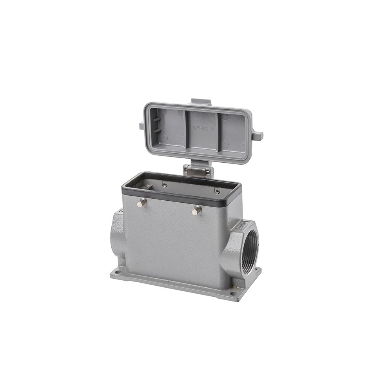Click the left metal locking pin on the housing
tap(142, 202)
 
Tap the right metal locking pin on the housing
tap(196, 211)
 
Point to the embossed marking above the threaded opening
tap(242, 225)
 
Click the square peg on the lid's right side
tap(257, 136)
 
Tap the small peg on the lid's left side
tap(142, 126)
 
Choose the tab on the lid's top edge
tap(201, 102)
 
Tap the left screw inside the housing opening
tap(165, 185)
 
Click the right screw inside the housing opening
tap(217, 191)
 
